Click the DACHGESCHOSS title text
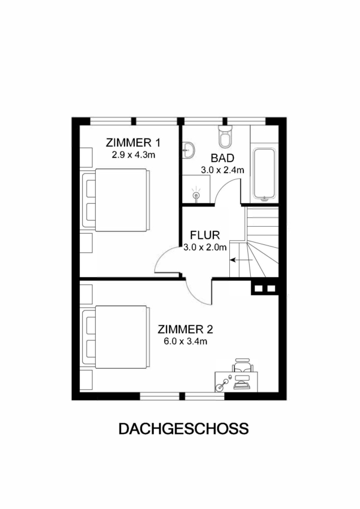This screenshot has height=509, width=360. click(x=183, y=429)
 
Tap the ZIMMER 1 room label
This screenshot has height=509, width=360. click(x=133, y=143)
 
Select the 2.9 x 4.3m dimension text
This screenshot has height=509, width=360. click(x=133, y=155)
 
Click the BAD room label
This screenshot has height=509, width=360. click(x=222, y=158)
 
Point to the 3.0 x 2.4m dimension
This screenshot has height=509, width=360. click(x=222, y=170)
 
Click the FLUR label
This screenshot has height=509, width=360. click(x=205, y=235)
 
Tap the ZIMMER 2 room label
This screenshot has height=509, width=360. click(x=185, y=330)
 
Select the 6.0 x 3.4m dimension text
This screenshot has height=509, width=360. click(x=186, y=342)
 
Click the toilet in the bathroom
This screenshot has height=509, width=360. click(x=225, y=136)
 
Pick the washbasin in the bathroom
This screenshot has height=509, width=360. click(x=188, y=151)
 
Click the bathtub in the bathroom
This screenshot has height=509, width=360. click(x=265, y=174)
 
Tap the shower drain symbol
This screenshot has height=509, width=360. click(x=196, y=195)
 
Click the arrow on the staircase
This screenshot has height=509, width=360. click(x=241, y=260)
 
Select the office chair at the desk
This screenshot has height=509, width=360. click(x=242, y=366)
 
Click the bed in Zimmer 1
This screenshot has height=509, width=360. click(x=116, y=200)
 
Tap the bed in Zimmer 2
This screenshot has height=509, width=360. click(x=116, y=337)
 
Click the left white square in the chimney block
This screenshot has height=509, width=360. click(x=259, y=288)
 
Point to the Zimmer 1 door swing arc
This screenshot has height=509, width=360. click(x=161, y=256)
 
